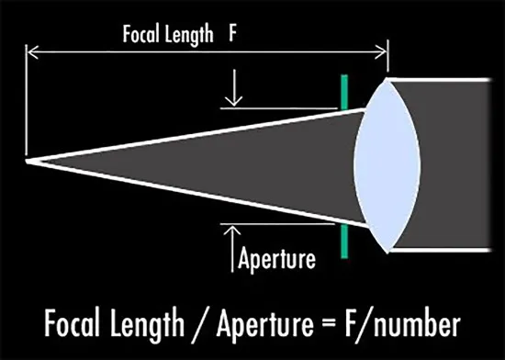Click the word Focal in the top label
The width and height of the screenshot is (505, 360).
pos(141,34)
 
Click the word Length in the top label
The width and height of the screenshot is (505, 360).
pos(189,36)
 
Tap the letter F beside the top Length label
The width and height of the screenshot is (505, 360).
pos(232,33)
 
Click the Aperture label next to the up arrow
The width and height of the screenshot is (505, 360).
pos(276,259)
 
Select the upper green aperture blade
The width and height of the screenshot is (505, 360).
pos(344,92)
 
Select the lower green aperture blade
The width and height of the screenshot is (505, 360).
pos(344,242)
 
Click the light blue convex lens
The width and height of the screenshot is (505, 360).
pos(387,165)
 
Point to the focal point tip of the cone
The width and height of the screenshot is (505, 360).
pos(27,161)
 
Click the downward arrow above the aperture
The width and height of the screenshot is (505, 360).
pos(234,87)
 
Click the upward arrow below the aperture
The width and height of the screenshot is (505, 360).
pos(232,249)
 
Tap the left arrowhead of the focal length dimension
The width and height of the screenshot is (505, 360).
pos(32,52)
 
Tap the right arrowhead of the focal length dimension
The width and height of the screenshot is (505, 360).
pos(380,52)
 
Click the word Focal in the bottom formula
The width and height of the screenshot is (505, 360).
pos(72,322)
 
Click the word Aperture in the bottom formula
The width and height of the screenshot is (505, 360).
pos(265,324)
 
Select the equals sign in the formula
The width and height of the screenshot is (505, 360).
pos(329,324)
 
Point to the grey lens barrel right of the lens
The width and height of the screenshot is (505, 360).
pos(454,164)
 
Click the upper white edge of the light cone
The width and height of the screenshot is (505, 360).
pos(196,135)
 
